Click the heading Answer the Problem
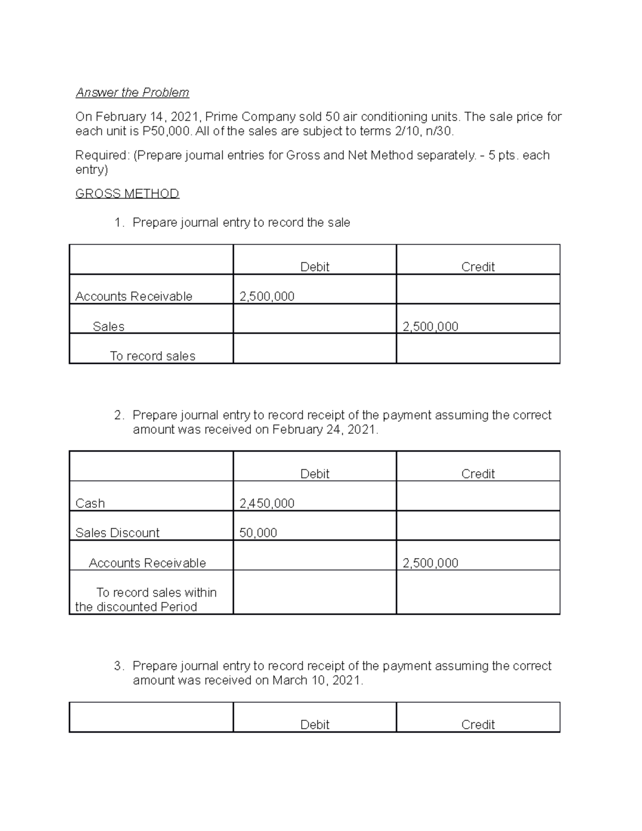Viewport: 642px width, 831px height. [132, 93]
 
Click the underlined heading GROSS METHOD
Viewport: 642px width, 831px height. [127, 193]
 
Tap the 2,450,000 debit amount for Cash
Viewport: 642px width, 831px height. [266, 503]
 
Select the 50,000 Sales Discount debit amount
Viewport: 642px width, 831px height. [258, 532]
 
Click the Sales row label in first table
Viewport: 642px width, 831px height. [108, 326]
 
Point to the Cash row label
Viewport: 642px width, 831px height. [90, 503]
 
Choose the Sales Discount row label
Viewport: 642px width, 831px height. [117, 532]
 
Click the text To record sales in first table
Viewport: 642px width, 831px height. [152, 356]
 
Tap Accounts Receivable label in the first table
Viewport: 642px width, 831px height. [134, 296]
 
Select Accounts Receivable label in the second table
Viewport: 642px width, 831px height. [147, 563]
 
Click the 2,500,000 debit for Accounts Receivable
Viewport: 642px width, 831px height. [266, 296]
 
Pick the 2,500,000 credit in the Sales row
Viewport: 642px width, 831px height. [430, 326]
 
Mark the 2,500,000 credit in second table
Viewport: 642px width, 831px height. [430, 563]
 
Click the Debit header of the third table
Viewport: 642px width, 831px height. [315, 725]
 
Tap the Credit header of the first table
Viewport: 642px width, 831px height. [478, 266]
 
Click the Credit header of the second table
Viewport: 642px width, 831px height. [478, 474]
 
